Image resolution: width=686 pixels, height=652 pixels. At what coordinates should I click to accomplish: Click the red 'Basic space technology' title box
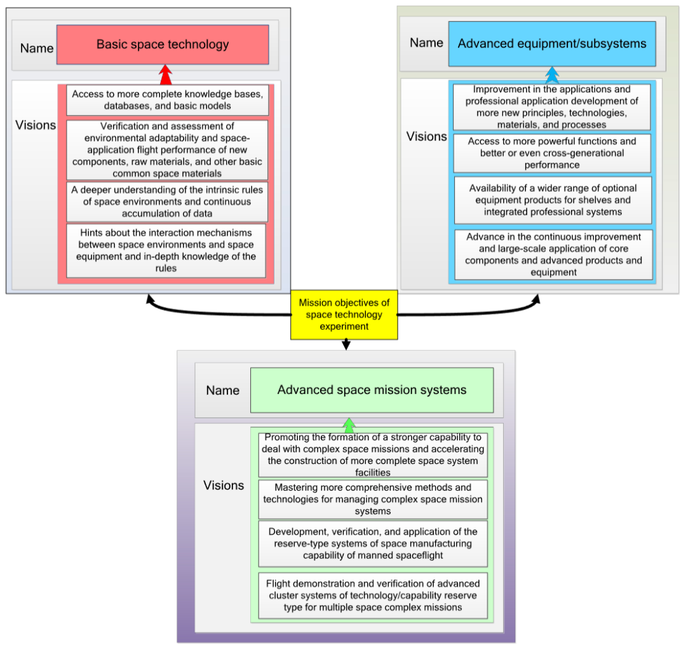[x=163, y=44]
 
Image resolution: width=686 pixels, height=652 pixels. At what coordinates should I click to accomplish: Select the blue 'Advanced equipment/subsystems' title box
[x=551, y=44]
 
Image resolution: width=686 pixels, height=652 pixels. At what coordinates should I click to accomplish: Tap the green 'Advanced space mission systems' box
[x=372, y=390]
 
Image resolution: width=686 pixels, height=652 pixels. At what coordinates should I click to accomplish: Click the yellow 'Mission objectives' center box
[x=344, y=315]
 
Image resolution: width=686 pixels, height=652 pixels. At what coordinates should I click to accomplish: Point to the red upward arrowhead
[x=166, y=74]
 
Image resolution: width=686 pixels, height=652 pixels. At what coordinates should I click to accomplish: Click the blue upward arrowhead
[x=552, y=75]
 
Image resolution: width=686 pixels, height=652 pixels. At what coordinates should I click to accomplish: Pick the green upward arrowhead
[x=349, y=425]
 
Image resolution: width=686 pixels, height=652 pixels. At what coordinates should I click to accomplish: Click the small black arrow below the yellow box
[x=346, y=344]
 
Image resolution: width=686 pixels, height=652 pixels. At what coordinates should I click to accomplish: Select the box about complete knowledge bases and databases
[x=167, y=100]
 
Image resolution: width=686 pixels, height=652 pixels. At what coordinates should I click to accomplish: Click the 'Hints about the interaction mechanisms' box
[x=166, y=250]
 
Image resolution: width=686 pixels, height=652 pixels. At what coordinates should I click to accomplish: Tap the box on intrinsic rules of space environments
[x=167, y=201]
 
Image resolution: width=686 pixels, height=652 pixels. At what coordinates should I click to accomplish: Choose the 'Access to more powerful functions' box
[x=552, y=153]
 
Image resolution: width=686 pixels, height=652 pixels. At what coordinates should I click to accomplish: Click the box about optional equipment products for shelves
[x=552, y=200]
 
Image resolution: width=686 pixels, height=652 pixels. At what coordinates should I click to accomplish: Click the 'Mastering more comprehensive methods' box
[x=373, y=499]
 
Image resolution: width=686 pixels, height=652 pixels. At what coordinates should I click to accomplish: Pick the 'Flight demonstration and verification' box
[x=373, y=595]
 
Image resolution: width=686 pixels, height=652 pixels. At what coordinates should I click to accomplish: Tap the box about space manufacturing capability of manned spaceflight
[x=373, y=543]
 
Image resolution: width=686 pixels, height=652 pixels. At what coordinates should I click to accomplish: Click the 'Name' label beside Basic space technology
[x=37, y=48]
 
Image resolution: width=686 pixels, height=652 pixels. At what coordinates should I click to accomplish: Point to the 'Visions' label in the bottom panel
[x=224, y=486]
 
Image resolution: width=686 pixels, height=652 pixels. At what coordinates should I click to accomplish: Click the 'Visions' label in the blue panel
[x=427, y=137]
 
